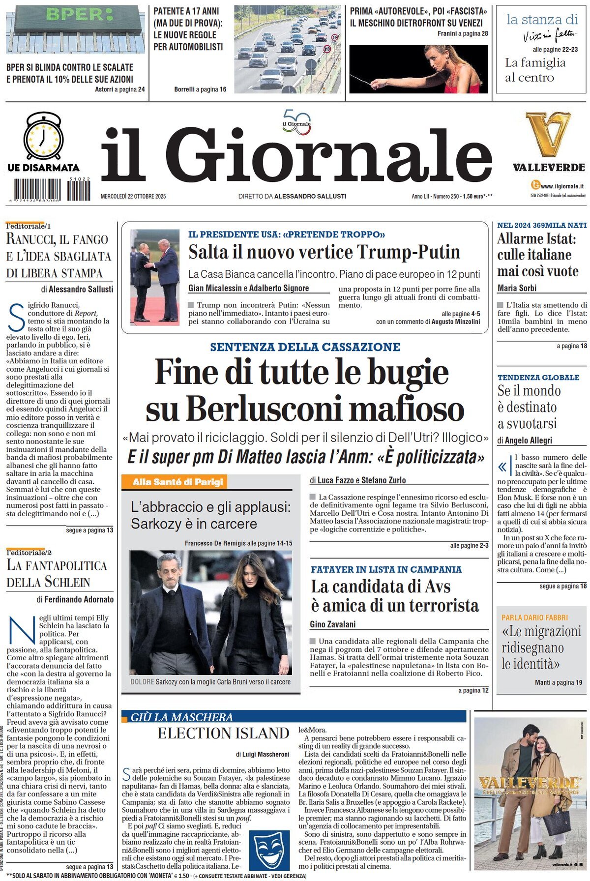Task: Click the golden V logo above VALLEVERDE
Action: pyautogui.click(x=548, y=134)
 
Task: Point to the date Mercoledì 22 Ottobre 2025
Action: pyautogui.click(x=133, y=196)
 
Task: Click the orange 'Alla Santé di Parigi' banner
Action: pyautogui.click(x=177, y=482)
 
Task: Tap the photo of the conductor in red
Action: pyautogui.click(x=418, y=69)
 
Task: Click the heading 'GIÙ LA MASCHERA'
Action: pyautogui.click(x=182, y=717)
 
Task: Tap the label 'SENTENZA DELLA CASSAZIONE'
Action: pyautogui.click(x=305, y=347)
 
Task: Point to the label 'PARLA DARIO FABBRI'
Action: pyautogui.click(x=534, y=617)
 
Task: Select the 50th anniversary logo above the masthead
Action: pyautogui.click(x=296, y=122)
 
